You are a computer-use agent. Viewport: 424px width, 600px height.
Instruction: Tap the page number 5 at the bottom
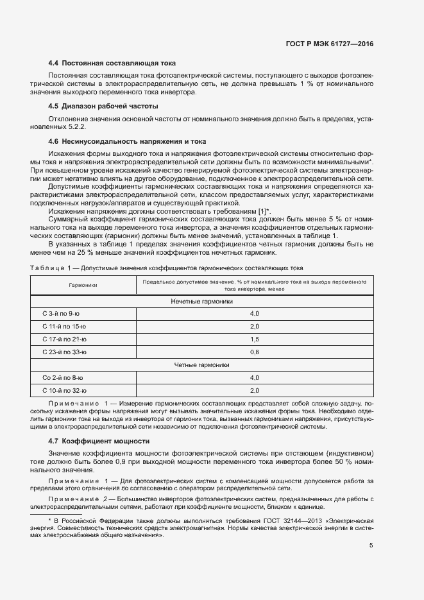click(x=371, y=545)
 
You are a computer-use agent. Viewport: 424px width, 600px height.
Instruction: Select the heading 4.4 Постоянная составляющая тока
click(x=112, y=64)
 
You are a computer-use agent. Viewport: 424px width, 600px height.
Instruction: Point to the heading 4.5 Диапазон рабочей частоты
click(x=103, y=106)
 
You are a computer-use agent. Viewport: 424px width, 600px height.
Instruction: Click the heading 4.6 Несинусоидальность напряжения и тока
click(x=127, y=141)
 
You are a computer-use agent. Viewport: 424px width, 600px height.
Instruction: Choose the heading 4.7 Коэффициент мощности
click(x=99, y=441)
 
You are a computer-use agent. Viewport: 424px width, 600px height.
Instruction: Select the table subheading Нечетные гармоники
click(x=201, y=300)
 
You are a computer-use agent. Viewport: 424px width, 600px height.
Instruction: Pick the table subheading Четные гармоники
click(x=201, y=364)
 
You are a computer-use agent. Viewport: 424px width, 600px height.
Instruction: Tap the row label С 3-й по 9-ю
click(x=61, y=313)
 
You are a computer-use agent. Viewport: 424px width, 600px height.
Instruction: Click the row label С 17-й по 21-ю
click(x=64, y=339)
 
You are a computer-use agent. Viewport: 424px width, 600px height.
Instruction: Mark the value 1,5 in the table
click(x=254, y=339)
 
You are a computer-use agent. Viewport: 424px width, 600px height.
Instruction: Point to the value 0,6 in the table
click(x=254, y=352)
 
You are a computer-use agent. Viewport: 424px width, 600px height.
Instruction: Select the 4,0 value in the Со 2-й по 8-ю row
click(x=254, y=377)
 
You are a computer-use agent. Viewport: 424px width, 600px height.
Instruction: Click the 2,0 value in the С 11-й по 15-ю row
click(x=254, y=326)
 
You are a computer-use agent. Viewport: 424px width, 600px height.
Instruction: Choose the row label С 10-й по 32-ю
click(x=64, y=390)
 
